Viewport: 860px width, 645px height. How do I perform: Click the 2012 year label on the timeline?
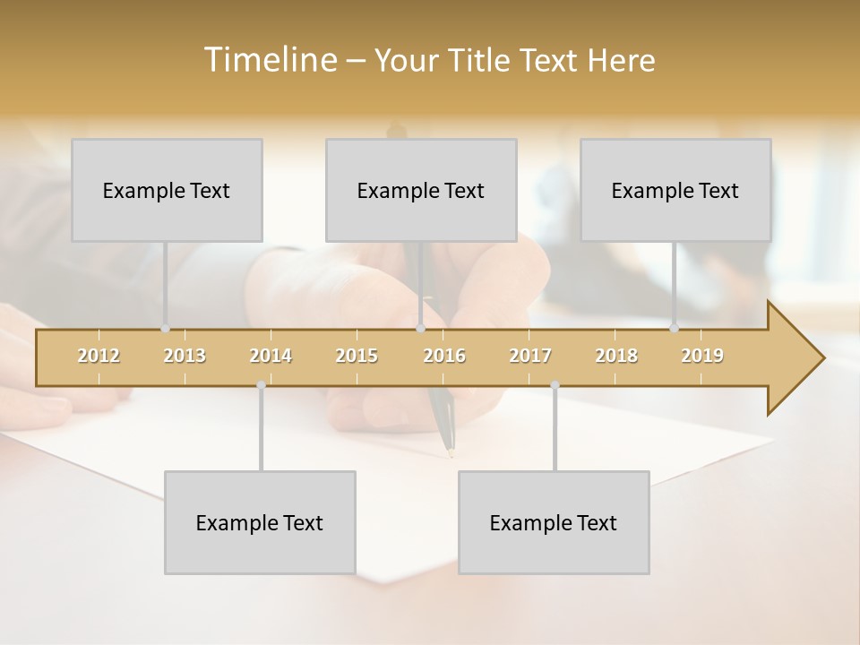(x=99, y=356)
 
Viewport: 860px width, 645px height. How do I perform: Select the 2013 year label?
(x=185, y=356)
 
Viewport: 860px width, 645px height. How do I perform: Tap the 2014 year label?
(x=271, y=356)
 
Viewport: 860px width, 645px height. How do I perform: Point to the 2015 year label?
(x=357, y=356)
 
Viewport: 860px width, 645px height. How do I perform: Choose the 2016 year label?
(x=444, y=356)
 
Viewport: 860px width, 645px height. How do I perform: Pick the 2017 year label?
(x=530, y=356)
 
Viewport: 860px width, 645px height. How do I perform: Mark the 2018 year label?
(x=616, y=356)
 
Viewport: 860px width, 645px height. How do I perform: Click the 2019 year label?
(x=702, y=356)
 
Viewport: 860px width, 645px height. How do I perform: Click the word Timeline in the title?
(x=269, y=60)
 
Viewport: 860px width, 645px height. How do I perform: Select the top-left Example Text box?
(x=167, y=190)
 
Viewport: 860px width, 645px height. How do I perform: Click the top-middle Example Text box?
(x=421, y=190)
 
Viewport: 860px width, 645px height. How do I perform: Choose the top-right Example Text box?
(x=675, y=190)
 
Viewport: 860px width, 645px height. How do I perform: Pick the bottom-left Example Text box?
(x=260, y=522)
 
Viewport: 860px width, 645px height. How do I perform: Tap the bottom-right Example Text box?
(x=554, y=522)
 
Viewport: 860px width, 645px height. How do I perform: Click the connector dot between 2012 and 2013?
(x=165, y=329)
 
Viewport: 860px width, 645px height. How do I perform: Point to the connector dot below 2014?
(x=261, y=385)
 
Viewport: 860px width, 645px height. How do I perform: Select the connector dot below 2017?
(x=555, y=385)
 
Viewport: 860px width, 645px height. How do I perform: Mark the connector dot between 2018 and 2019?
(x=674, y=329)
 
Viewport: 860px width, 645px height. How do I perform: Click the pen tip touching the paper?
(x=451, y=453)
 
